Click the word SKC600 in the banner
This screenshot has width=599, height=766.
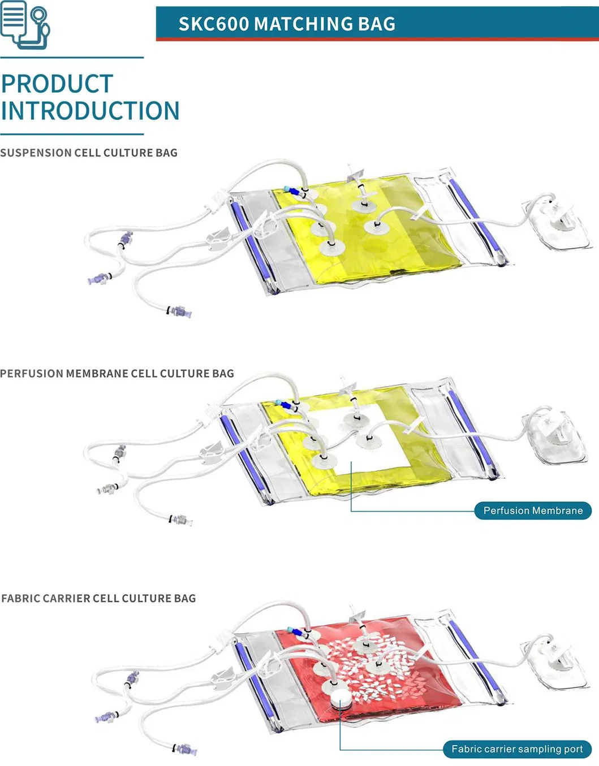[214, 24]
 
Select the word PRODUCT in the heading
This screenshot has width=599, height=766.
[57, 84]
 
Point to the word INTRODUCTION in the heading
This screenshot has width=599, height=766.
[90, 111]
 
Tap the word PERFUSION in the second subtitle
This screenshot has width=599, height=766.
[32, 374]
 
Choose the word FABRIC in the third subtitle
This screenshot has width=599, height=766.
[20, 599]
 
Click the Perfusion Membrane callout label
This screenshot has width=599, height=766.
[533, 510]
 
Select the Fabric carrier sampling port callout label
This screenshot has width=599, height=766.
[517, 749]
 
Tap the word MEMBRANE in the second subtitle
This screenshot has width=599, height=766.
[97, 374]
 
